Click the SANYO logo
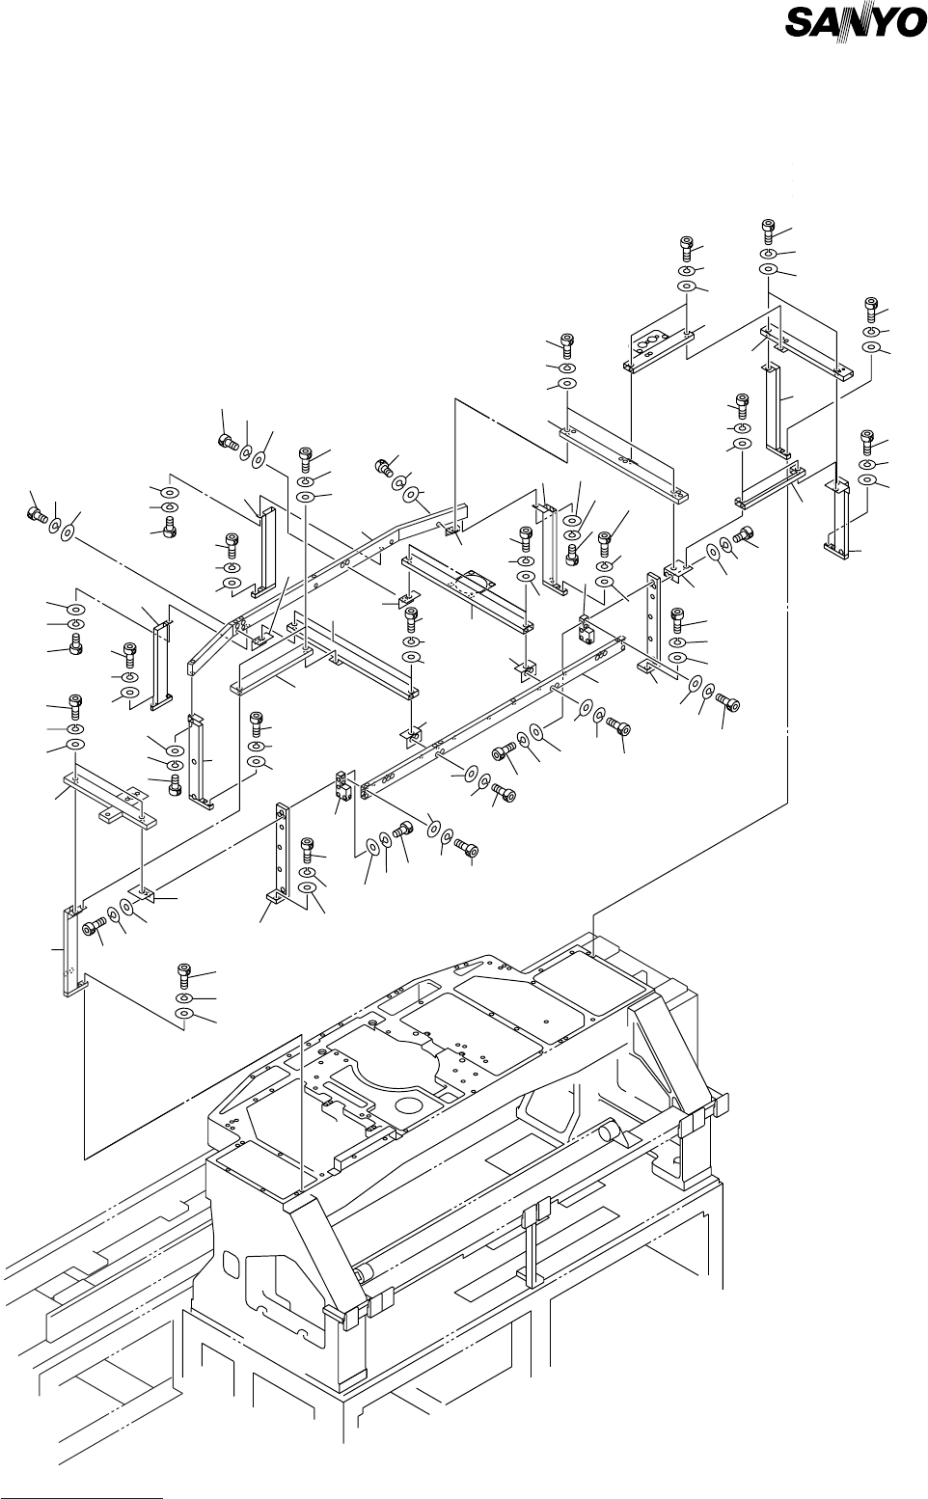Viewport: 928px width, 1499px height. (856, 23)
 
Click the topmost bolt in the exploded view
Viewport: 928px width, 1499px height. (768, 231)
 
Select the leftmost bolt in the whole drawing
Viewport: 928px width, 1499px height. (36, 516)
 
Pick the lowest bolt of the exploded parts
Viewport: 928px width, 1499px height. (184, 975)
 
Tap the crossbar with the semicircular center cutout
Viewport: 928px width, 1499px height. (467, 588)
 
